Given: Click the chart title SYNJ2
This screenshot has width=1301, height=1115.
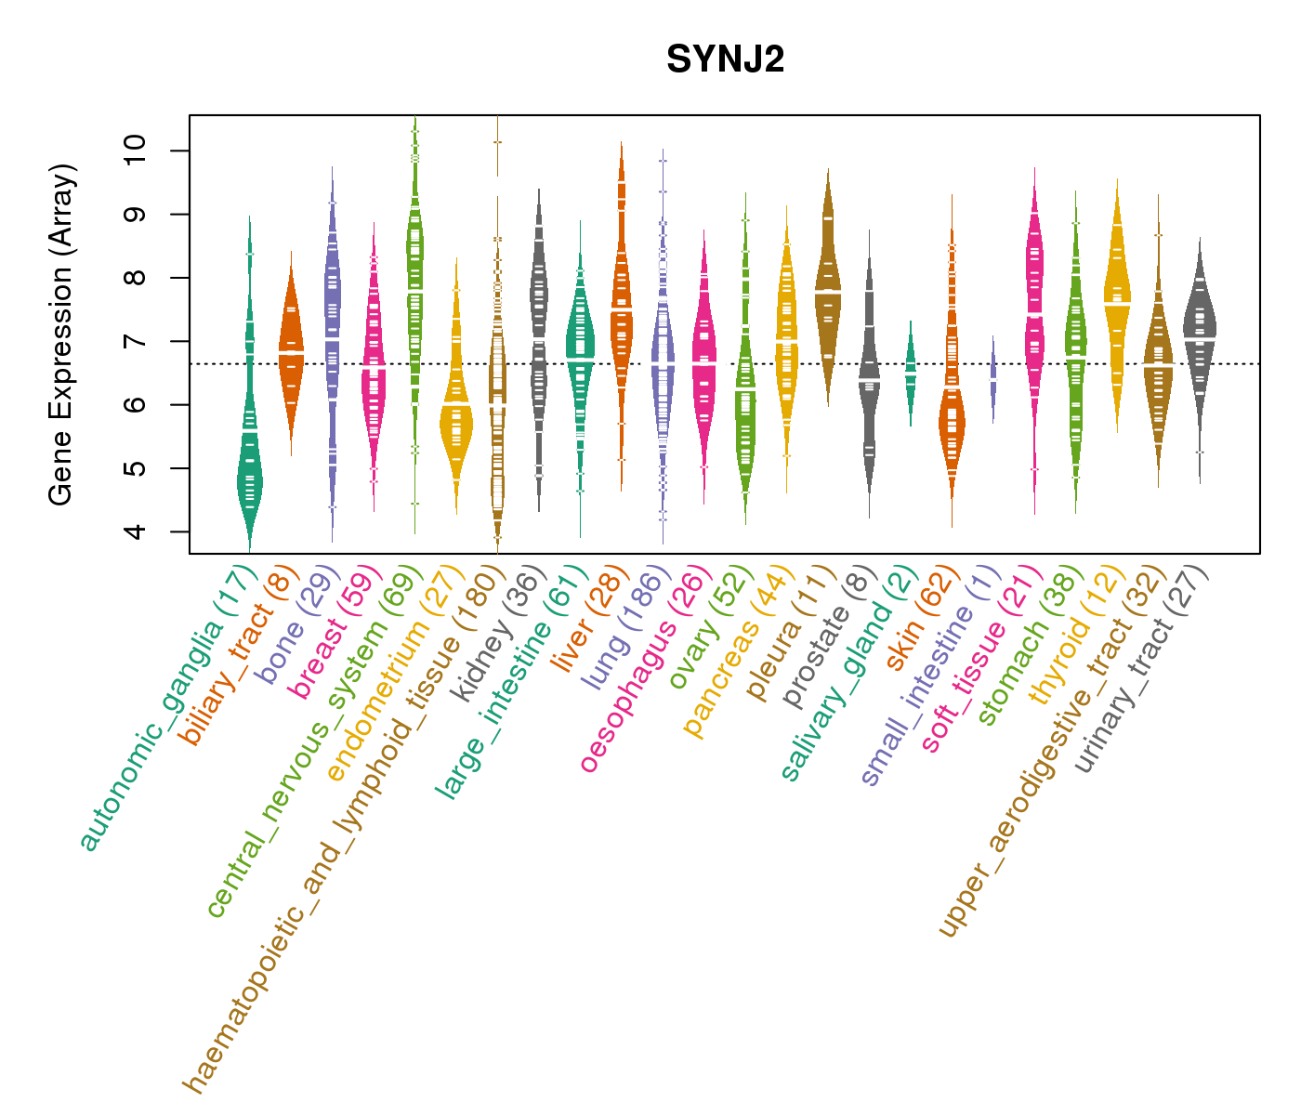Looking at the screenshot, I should pos(725,60).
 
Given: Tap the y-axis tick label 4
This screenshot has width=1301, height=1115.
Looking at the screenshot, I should pos(136,531).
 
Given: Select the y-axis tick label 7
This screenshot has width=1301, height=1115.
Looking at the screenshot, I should pos(136,341).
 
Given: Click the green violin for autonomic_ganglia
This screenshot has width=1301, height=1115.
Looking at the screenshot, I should pos(249,465).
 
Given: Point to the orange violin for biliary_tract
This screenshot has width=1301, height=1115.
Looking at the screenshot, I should pos(291,353).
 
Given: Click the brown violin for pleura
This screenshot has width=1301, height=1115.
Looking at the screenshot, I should pos(828,288).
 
